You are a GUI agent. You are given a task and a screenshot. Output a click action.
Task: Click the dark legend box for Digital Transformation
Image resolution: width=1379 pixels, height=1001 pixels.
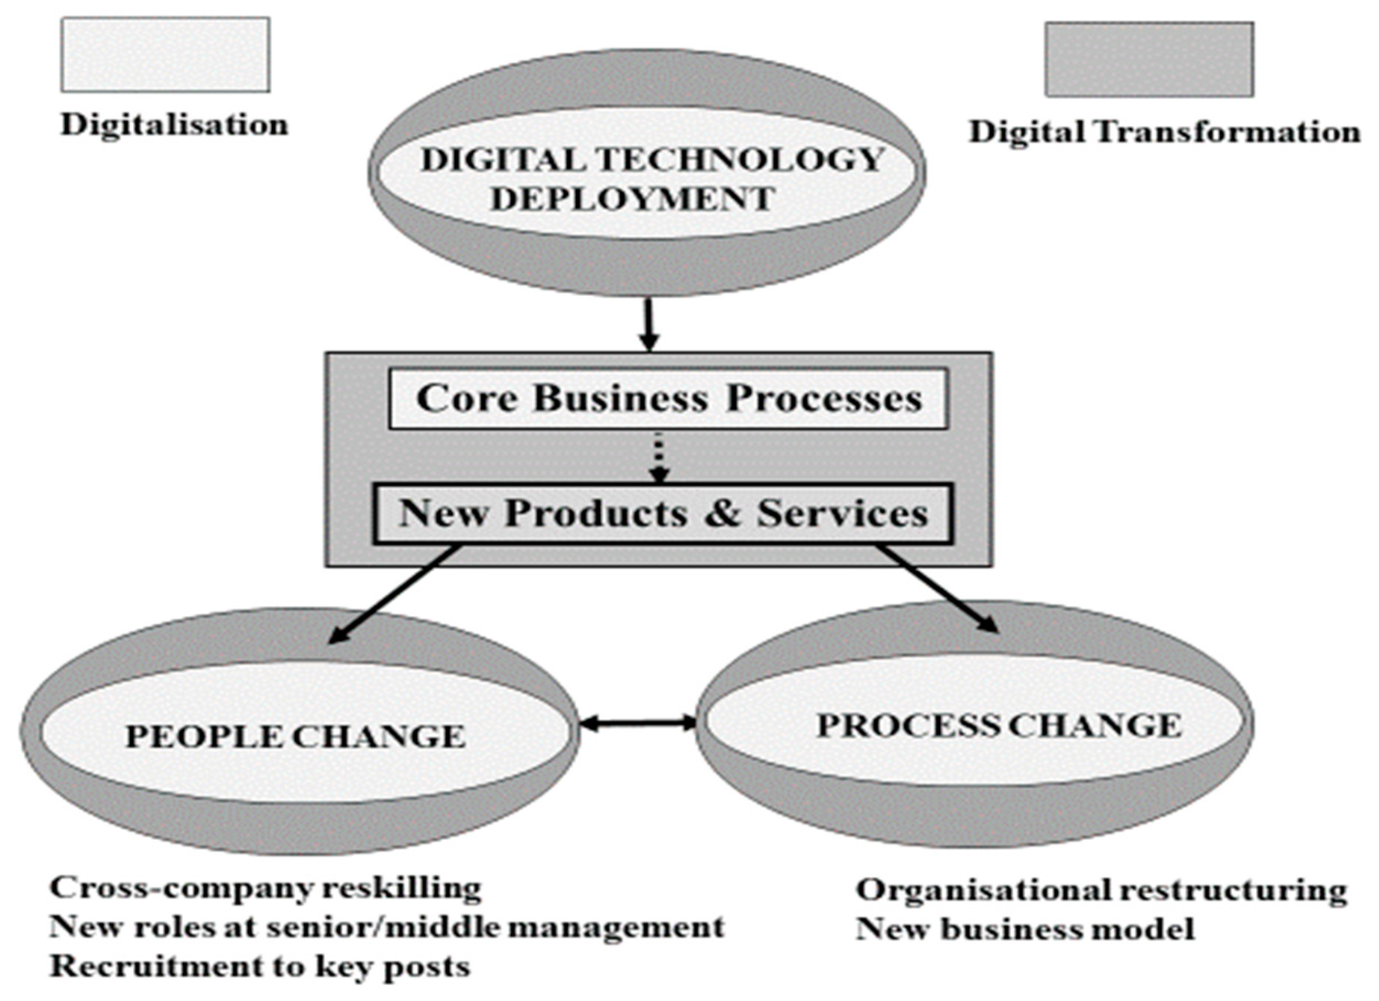click(1148, 59)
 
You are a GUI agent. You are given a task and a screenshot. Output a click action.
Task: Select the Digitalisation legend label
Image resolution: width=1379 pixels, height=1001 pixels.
click(174, 125)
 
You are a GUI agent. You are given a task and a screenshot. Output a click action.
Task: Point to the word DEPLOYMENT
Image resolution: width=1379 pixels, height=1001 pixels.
click(632, 199)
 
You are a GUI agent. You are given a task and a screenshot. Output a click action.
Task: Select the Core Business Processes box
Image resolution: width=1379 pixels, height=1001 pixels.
click(667, 399)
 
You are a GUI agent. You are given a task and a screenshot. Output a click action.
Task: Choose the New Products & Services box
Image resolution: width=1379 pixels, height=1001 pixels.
click(663, 513)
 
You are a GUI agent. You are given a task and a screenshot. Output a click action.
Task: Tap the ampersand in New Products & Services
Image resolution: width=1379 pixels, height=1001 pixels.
click(723, 513)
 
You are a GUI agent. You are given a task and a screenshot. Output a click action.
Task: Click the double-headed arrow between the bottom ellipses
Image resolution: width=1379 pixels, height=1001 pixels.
click(638, 723)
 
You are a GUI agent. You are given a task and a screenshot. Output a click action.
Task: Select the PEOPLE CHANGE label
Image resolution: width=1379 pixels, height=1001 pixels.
click(295, 736)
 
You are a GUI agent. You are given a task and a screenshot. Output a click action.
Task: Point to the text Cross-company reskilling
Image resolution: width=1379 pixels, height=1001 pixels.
click(265, 889)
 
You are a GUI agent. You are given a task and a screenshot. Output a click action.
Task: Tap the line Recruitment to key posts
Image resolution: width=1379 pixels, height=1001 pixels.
click(260, 966)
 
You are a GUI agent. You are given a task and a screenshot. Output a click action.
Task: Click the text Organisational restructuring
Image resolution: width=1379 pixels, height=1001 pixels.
click(1101, 890)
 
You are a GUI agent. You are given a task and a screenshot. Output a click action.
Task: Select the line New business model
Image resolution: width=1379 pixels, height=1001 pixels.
click(1025, 928)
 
